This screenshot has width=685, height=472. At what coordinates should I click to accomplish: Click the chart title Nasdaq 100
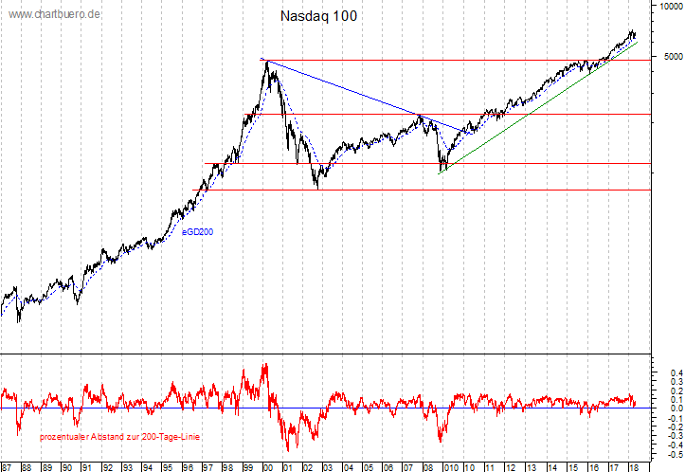319,17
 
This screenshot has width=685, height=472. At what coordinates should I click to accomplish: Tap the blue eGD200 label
197,230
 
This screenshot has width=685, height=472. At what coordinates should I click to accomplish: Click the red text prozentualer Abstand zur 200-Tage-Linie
119,436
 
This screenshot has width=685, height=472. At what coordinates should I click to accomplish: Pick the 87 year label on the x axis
7,466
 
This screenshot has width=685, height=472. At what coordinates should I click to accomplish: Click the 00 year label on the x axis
267,466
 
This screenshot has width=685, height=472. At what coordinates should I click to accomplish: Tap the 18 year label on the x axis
630,466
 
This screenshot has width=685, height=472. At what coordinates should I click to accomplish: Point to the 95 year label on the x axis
168,466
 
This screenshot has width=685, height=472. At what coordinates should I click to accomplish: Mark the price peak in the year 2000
267,62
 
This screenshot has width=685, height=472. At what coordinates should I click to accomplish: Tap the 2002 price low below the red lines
315,188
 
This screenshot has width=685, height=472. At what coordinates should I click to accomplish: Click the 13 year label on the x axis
530,466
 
